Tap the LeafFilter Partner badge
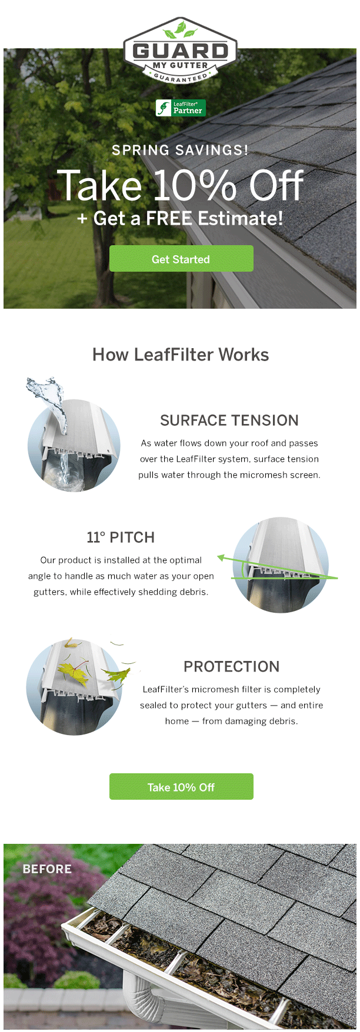(x=181, y=108)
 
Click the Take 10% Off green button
(x=181, y=787)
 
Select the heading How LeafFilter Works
(x=181, y=355)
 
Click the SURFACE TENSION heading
(x=229, y=420)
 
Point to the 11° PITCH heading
(x=121, y=537)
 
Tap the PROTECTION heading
(x=232, y=667)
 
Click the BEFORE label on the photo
(x=47, y=869)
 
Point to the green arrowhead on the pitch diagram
(x=221, y=557)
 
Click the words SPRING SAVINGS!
(x=180, y=150)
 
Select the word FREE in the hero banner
(x=169, y=219)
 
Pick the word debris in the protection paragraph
(x=284, y=722)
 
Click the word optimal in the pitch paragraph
(x=185, y=560)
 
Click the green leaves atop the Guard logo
(x=180, y=29)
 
